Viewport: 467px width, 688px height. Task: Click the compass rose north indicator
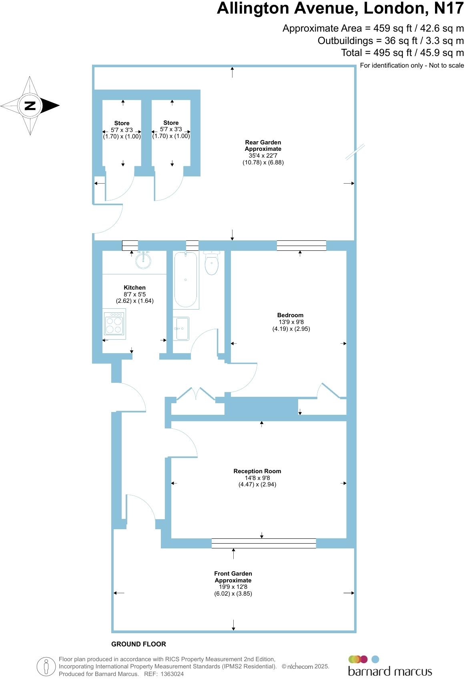click(x=30, y=106)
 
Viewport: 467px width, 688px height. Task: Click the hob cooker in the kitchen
click(x=114, y=324)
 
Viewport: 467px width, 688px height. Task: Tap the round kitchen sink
click(x=143, y=260)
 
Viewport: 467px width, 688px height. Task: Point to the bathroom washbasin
click(x=182, y=328)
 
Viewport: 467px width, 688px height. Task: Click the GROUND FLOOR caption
click(x=138, y=644)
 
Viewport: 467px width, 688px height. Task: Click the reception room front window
click(x=263, y=543)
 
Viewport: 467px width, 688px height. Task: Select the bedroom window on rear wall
click(x=301, y=245)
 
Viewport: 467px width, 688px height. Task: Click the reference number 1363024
click(x=172, y=674)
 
